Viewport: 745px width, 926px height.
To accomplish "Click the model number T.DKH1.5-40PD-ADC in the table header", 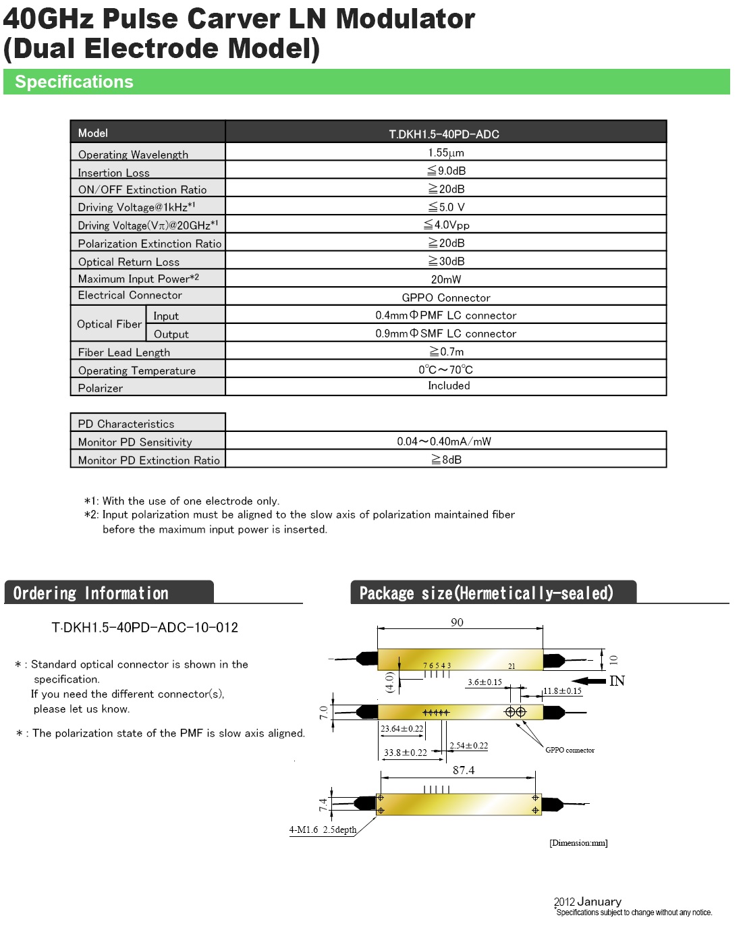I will tap(444, 134).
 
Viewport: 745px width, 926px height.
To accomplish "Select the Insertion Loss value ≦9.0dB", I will tap(446, 171).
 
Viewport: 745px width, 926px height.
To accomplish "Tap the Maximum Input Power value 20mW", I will tap(446, 279).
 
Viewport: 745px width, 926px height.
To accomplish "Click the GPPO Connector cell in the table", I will tap(446, 298).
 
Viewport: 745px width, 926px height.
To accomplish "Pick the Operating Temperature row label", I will tap(137, 371).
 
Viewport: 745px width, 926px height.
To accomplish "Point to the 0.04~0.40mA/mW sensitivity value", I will tap(444, 441).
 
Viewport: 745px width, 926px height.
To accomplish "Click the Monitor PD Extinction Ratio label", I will tap(148, 460).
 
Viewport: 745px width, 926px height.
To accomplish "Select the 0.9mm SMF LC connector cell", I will tap(446, 333).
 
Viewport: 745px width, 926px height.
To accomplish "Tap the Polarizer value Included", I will tap(449, 385).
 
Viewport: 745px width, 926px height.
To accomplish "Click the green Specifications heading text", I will tap(74, 82).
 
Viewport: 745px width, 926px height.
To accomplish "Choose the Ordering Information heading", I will tap(91, 593).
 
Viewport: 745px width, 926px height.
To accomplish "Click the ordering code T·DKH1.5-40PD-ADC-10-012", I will tap(145, 628).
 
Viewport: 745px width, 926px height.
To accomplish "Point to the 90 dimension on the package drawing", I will tap(457, 622).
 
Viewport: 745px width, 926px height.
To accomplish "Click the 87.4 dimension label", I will tap(464, 770).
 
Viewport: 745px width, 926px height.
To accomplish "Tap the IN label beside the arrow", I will tap(617, 681).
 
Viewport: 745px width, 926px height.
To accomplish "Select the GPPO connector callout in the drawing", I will tap(570, 750).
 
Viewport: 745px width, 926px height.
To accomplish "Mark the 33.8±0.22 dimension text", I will tap(405, 753).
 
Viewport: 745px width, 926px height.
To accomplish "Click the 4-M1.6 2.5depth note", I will tap(323, 829).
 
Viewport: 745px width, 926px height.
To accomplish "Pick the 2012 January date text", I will tap(587, 902).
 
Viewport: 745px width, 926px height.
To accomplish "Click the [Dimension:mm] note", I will tap(578, 842).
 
